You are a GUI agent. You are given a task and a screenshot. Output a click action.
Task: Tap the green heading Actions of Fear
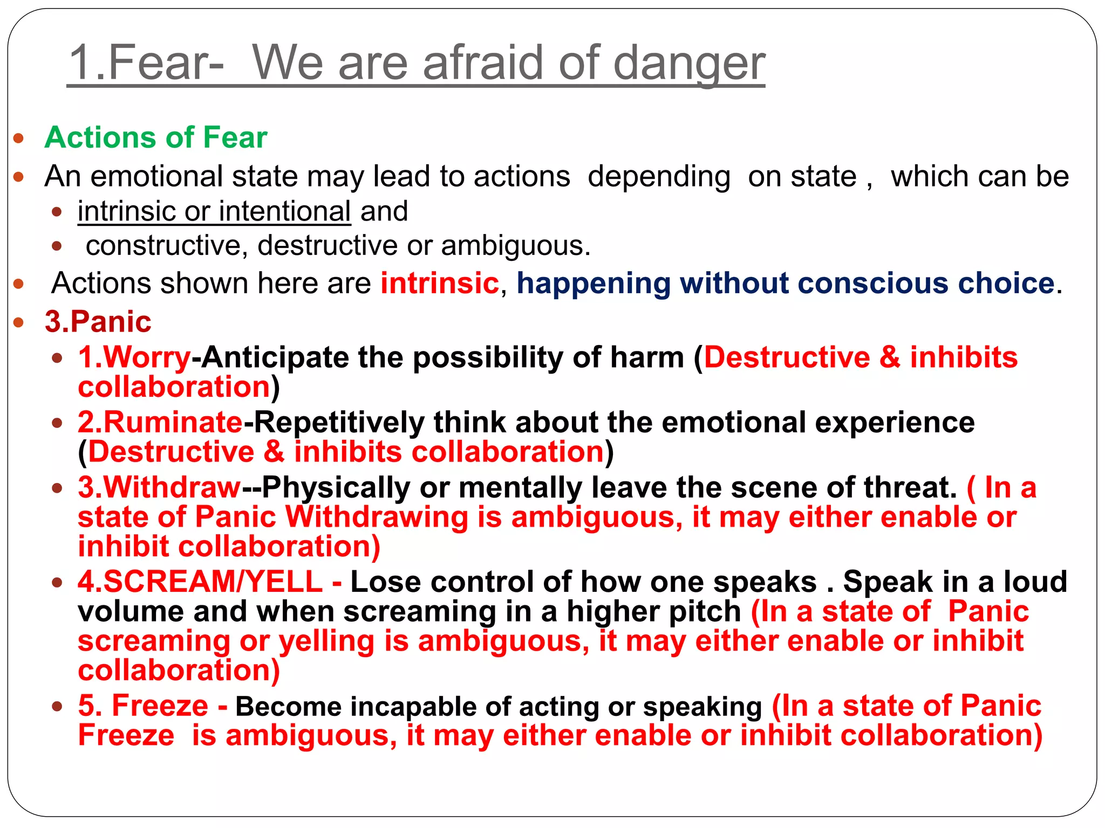point(156,137)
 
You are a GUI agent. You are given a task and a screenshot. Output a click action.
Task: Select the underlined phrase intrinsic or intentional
point(214,211)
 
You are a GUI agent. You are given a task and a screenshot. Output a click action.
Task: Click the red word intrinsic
point(440,283)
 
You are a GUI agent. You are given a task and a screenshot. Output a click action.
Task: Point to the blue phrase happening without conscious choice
point(785,283)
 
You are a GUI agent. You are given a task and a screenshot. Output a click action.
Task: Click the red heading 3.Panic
point(98,322)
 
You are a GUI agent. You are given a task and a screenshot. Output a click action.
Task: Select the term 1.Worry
point(134,357)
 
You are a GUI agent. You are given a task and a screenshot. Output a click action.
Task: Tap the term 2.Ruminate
point(160,422)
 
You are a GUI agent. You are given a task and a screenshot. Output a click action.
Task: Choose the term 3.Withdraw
point(159,487)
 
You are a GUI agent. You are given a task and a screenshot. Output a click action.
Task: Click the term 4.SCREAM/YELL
point(200,582)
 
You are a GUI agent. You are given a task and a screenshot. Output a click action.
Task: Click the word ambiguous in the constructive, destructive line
point(515,246)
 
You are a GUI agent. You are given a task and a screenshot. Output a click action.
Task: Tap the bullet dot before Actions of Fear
point(19,138)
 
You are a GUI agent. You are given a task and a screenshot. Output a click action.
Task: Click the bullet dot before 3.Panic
point(19,323)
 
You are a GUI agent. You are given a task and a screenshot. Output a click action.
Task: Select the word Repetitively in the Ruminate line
point(339,422)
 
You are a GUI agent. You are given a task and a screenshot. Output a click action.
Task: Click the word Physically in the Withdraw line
point(336,487)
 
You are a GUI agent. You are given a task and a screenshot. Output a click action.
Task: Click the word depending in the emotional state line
point(659,176)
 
